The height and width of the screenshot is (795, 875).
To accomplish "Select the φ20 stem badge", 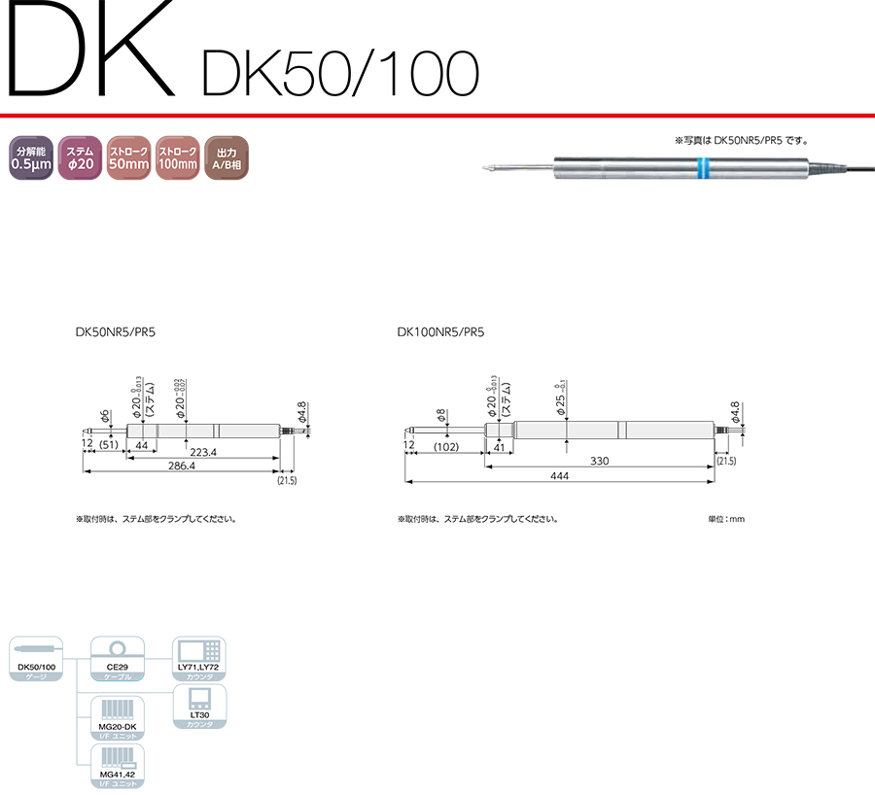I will click(80, 158).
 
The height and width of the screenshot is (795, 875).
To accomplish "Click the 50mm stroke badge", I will click(128, 158).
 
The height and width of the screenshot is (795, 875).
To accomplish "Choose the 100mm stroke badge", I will click(178, 158).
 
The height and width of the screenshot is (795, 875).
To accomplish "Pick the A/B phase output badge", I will click(227, 158).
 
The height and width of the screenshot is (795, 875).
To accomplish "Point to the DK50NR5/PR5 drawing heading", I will click(116, 331).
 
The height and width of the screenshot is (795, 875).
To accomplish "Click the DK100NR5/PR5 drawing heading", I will click(440, 331).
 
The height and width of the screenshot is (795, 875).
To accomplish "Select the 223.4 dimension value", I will click(202, 453).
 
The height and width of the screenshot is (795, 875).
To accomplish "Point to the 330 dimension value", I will click(599, 461).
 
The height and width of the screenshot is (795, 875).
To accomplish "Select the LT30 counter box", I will click(198, 707).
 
